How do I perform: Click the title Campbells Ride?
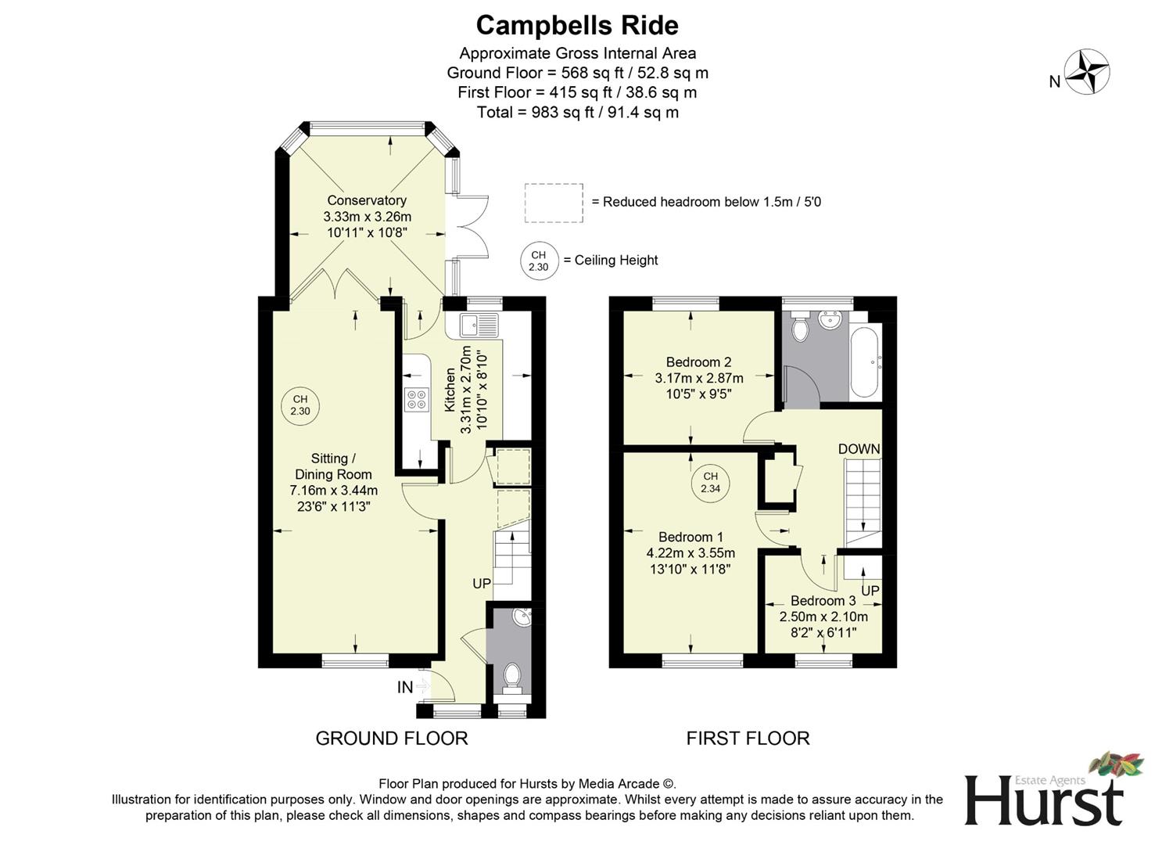[x=577, y=25]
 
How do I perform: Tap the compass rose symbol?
[x=1087, y=72]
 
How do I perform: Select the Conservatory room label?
[x=367, y=200]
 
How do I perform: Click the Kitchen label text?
[x=450, y=390]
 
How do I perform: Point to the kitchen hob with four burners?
[x=415, y=400]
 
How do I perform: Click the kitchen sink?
[x=479, y=325]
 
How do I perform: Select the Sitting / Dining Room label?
[x=333, y=466]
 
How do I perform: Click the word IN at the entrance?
[x=404, y=687]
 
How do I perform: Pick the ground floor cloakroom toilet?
[x=513, y=677]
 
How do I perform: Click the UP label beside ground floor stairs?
[x=482, y=584]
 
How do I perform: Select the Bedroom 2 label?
[x=698, y=362]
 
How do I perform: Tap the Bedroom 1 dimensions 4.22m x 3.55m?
[x=690, y=553]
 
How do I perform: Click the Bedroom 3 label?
[x=823, y=601]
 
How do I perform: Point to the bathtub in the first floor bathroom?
[x=866, y=362]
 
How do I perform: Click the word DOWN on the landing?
[x=859, y=449]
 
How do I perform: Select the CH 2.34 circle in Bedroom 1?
[x=710, y=482]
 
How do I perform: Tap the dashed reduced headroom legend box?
[x=554, y=203]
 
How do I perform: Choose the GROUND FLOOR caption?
[x=392, y=738]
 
